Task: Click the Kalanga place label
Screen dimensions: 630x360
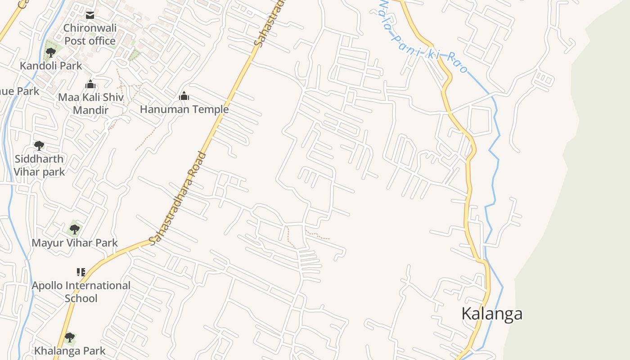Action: click(x=492, y=314)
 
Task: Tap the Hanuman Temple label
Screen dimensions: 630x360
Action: click(x=184, y=109)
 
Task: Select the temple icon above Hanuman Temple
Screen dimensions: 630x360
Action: click(x=184, y=96)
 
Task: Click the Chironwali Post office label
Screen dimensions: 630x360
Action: click(x=90, y=34)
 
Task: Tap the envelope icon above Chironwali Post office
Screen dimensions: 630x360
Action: click(x=90, y=15)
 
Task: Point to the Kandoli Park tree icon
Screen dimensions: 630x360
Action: click(x=51, y=52)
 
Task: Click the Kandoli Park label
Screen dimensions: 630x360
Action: click(x=51, y=66)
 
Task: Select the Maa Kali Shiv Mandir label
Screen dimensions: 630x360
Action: click(x=90, y=103)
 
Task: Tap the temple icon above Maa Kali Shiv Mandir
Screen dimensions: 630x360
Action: click(x=90, y=84)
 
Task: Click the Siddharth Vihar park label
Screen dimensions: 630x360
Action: click(x=39, y=165)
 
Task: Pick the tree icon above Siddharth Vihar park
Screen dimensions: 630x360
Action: click(x=39, y=146)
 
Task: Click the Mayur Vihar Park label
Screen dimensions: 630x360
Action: click(x=75, y=243)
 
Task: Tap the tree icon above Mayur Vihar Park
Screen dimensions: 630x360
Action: click(x=75, y=229)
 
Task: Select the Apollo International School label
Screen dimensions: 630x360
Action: click(x=81, y=292)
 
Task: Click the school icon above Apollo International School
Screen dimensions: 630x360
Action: click(x=81, y=272)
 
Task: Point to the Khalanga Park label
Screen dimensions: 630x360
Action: click(x=70, y=351)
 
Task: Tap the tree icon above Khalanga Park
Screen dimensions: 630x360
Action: click(x=69, y=337)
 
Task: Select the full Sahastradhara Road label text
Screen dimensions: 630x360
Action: click(x=178, y=198)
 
